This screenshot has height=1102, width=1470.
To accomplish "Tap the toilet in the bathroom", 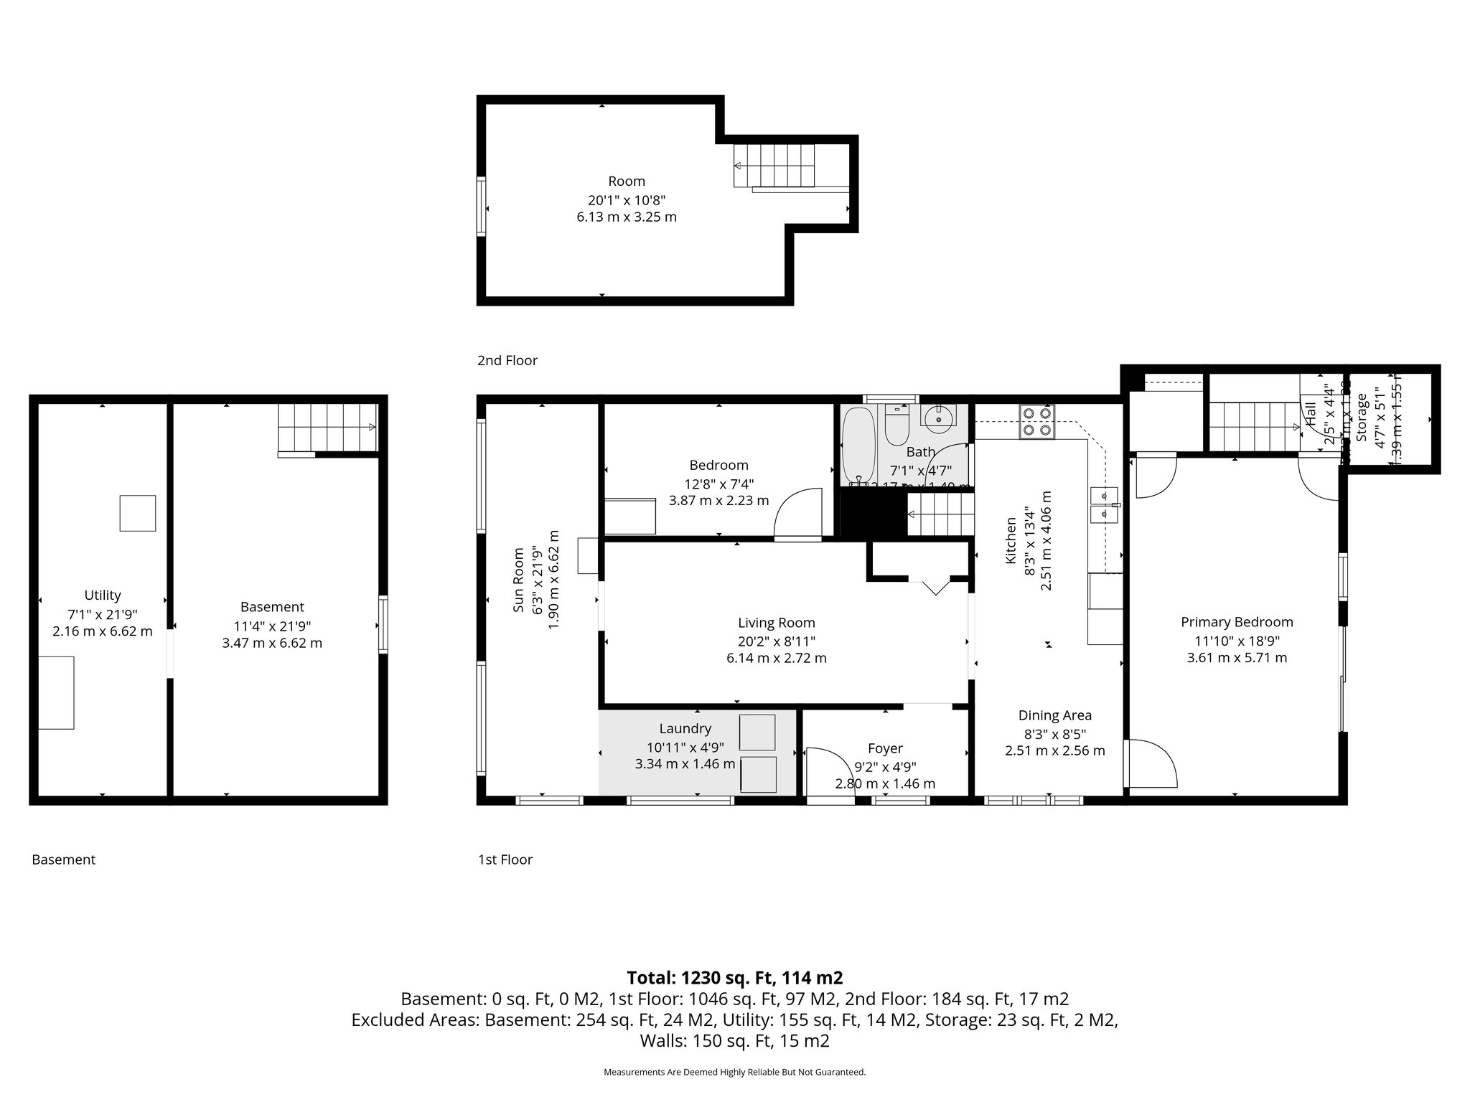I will point(897,426).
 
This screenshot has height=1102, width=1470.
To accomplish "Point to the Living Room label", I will point(777,623).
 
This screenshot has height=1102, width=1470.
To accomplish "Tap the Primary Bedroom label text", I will point(1237,622).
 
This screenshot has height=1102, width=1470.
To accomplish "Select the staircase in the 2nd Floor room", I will point(775,165).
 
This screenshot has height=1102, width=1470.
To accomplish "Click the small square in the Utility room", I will point(138,513).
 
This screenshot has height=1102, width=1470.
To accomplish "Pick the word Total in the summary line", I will point(650,978).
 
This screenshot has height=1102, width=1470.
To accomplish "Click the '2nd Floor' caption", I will point(507,360).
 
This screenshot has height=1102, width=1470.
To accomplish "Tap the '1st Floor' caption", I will point(505,860).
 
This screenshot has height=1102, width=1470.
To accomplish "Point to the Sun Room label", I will point(519,581).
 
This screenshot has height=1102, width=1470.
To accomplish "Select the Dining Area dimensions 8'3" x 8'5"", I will point(1055,734).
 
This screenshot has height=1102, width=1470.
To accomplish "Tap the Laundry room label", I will point(685,729).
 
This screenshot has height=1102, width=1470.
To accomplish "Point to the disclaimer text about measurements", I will point(734,1072).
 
